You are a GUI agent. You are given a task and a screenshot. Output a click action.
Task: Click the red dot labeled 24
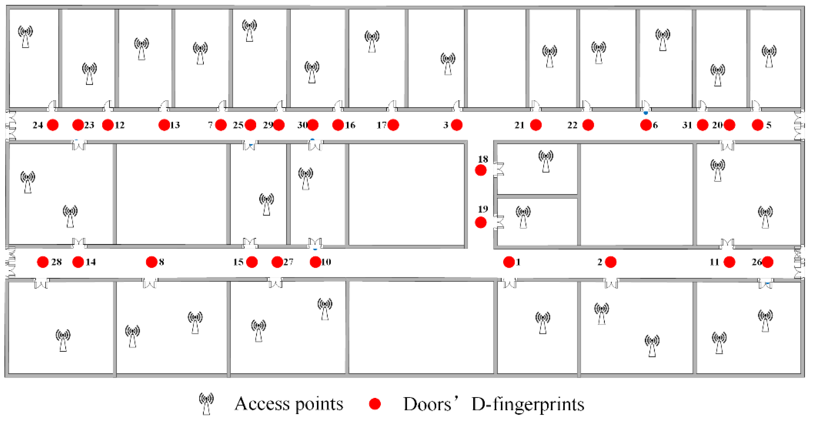pos(53,125)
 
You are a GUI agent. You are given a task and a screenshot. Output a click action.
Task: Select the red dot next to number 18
pos(481,171)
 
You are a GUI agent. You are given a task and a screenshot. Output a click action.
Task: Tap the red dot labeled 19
pos(481,223)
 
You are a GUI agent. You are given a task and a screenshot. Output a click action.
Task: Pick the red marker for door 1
pos(509,262)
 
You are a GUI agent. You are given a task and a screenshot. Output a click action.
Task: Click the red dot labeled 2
pos(611,262)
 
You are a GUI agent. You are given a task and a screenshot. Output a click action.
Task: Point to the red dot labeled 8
pos(151,262)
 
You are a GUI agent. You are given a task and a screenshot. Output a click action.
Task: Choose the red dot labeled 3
pos(457,125)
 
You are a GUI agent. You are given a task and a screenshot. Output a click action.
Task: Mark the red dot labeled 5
pos(757,125)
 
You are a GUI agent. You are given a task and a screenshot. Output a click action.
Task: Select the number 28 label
pos(56,262)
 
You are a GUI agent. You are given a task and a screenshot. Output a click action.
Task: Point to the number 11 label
pos(714,262)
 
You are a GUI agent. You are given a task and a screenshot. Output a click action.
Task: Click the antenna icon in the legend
pos(206,404)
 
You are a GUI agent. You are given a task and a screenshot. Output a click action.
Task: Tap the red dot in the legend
pos(375,404)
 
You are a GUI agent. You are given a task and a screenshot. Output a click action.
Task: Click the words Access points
pos(289,404)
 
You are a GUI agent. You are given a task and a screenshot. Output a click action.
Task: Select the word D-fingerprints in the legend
pos(528,404)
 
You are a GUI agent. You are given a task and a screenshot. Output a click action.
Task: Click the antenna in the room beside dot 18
pos(546,161)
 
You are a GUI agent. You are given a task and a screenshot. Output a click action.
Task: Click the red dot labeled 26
pos(767,262)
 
